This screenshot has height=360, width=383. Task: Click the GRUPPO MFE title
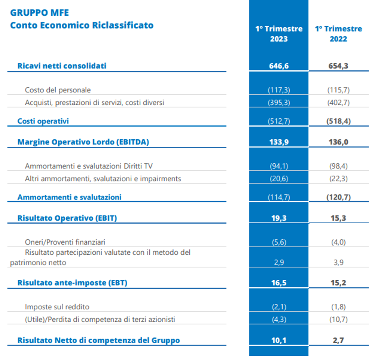point(39,12)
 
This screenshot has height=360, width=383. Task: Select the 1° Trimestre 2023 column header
point(279,34)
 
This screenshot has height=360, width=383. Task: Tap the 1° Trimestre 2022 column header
point(338,34)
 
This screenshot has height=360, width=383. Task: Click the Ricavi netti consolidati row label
point(62,66)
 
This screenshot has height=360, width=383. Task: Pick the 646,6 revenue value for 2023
point(279,66)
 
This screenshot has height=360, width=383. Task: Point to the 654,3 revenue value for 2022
point(338,66)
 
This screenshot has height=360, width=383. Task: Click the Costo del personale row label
point(58,90)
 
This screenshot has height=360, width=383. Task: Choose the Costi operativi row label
point(43,121)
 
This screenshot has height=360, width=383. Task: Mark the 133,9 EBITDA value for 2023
point(279,142)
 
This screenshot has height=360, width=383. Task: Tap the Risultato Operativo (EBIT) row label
point(67,218)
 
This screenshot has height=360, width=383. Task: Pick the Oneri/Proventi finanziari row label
point(65,242)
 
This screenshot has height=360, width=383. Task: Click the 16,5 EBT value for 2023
point(279,283)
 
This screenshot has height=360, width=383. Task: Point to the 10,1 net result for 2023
point(279,340)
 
